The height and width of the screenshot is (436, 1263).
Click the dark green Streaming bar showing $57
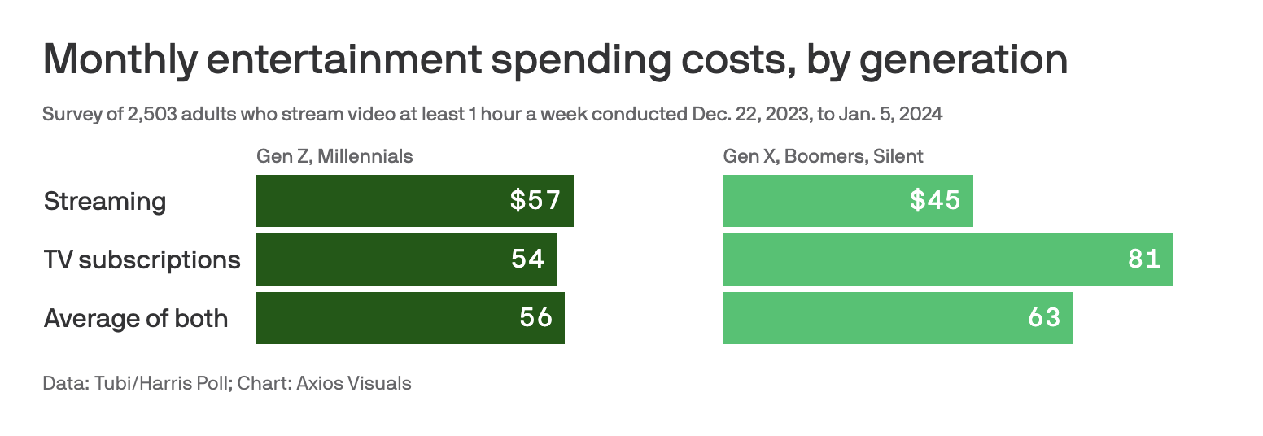point(382,201)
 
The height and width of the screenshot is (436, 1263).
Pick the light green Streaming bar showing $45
point(814,201)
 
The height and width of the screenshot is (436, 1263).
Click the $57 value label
point(535,201)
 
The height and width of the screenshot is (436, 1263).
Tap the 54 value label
point(527,259)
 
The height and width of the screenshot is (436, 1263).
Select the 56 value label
point(535,318)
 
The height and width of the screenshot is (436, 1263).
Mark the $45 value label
point(935,201)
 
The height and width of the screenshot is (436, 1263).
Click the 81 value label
point(1143,259)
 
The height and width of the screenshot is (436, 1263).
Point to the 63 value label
point(1044,318)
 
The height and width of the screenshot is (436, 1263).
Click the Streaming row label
point(105,201)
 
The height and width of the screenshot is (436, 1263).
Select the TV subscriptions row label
point(142,260)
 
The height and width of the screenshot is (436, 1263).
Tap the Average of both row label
point(136,318)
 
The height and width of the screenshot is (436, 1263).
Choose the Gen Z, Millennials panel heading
point(334,156)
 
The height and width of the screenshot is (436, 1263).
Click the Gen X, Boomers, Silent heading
point(823,156)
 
